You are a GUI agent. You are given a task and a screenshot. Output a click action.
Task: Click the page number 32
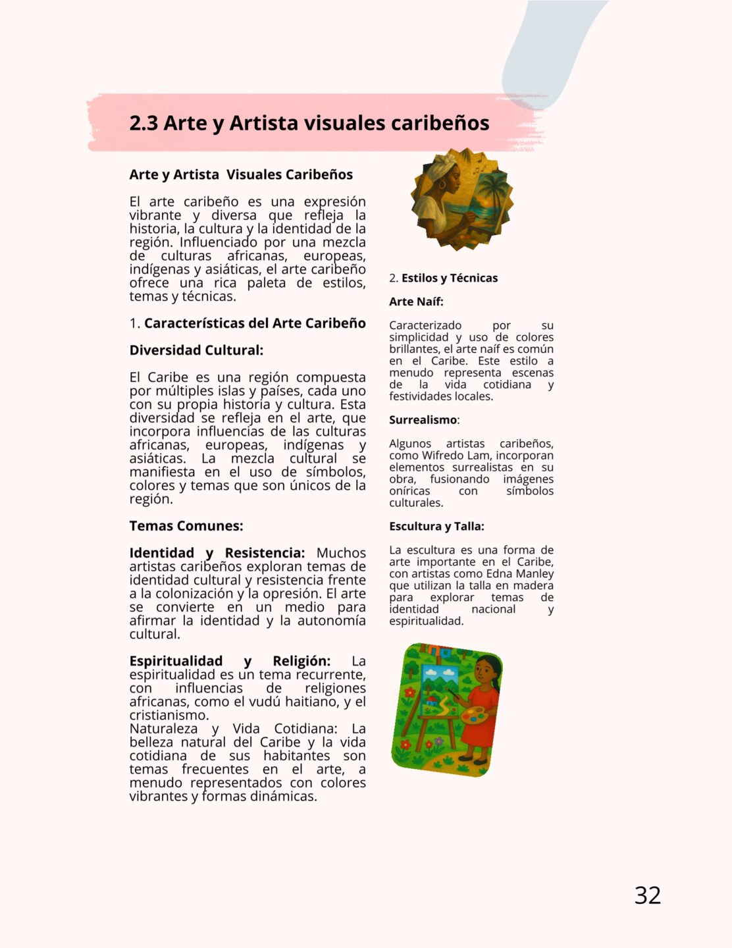click(647, 895)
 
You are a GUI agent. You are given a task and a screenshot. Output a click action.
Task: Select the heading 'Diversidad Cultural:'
click(196, 350)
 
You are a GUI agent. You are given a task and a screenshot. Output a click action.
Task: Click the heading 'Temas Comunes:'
click(186, 526)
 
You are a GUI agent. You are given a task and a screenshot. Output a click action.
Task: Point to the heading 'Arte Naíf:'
click(416, 302)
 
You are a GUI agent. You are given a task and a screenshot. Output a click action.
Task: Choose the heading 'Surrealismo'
click(423, 420)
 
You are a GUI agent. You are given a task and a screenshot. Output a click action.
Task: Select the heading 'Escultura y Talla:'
click(436, 526)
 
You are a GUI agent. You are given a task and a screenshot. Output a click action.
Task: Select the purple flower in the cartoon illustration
click(439, 742)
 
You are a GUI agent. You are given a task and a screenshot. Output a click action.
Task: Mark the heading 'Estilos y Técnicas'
click(449, 278)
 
